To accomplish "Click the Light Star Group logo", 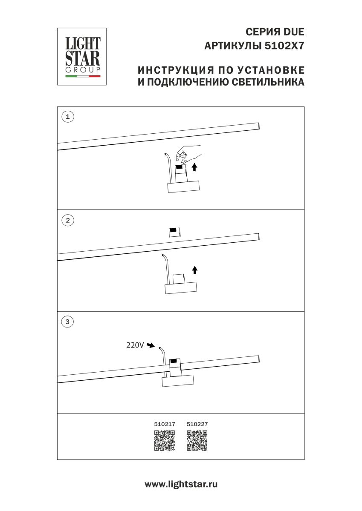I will pyautogui.click(x=82, y=56).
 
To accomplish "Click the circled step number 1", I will pyautogui.click(x=67, y=117).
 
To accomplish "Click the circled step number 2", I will pyautogui.click(x=67, y=221).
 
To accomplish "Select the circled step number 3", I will pyautogui.click(x=67, y=322).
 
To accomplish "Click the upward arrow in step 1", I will pyautogui.click(x=195, y=167).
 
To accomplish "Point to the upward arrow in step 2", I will pyautogui.click(x=195, y=270).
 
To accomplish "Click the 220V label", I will pyautogui.click(x=135, y=345).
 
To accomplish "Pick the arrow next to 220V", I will pyautogui.click(x=150, y=346).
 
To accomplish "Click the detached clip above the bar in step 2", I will pyautogui.click(x=174, y=232).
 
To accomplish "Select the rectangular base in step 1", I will pyautogui.click(x=184, y=187).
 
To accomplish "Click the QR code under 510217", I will pyautogui.click(x=165, y=441).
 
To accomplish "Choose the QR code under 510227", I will pyautogui.click(x=197, y=441).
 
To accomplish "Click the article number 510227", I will pyautogui.click(x=197, y=424).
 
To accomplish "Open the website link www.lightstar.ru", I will pyautogui.click(x=181, y=484).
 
